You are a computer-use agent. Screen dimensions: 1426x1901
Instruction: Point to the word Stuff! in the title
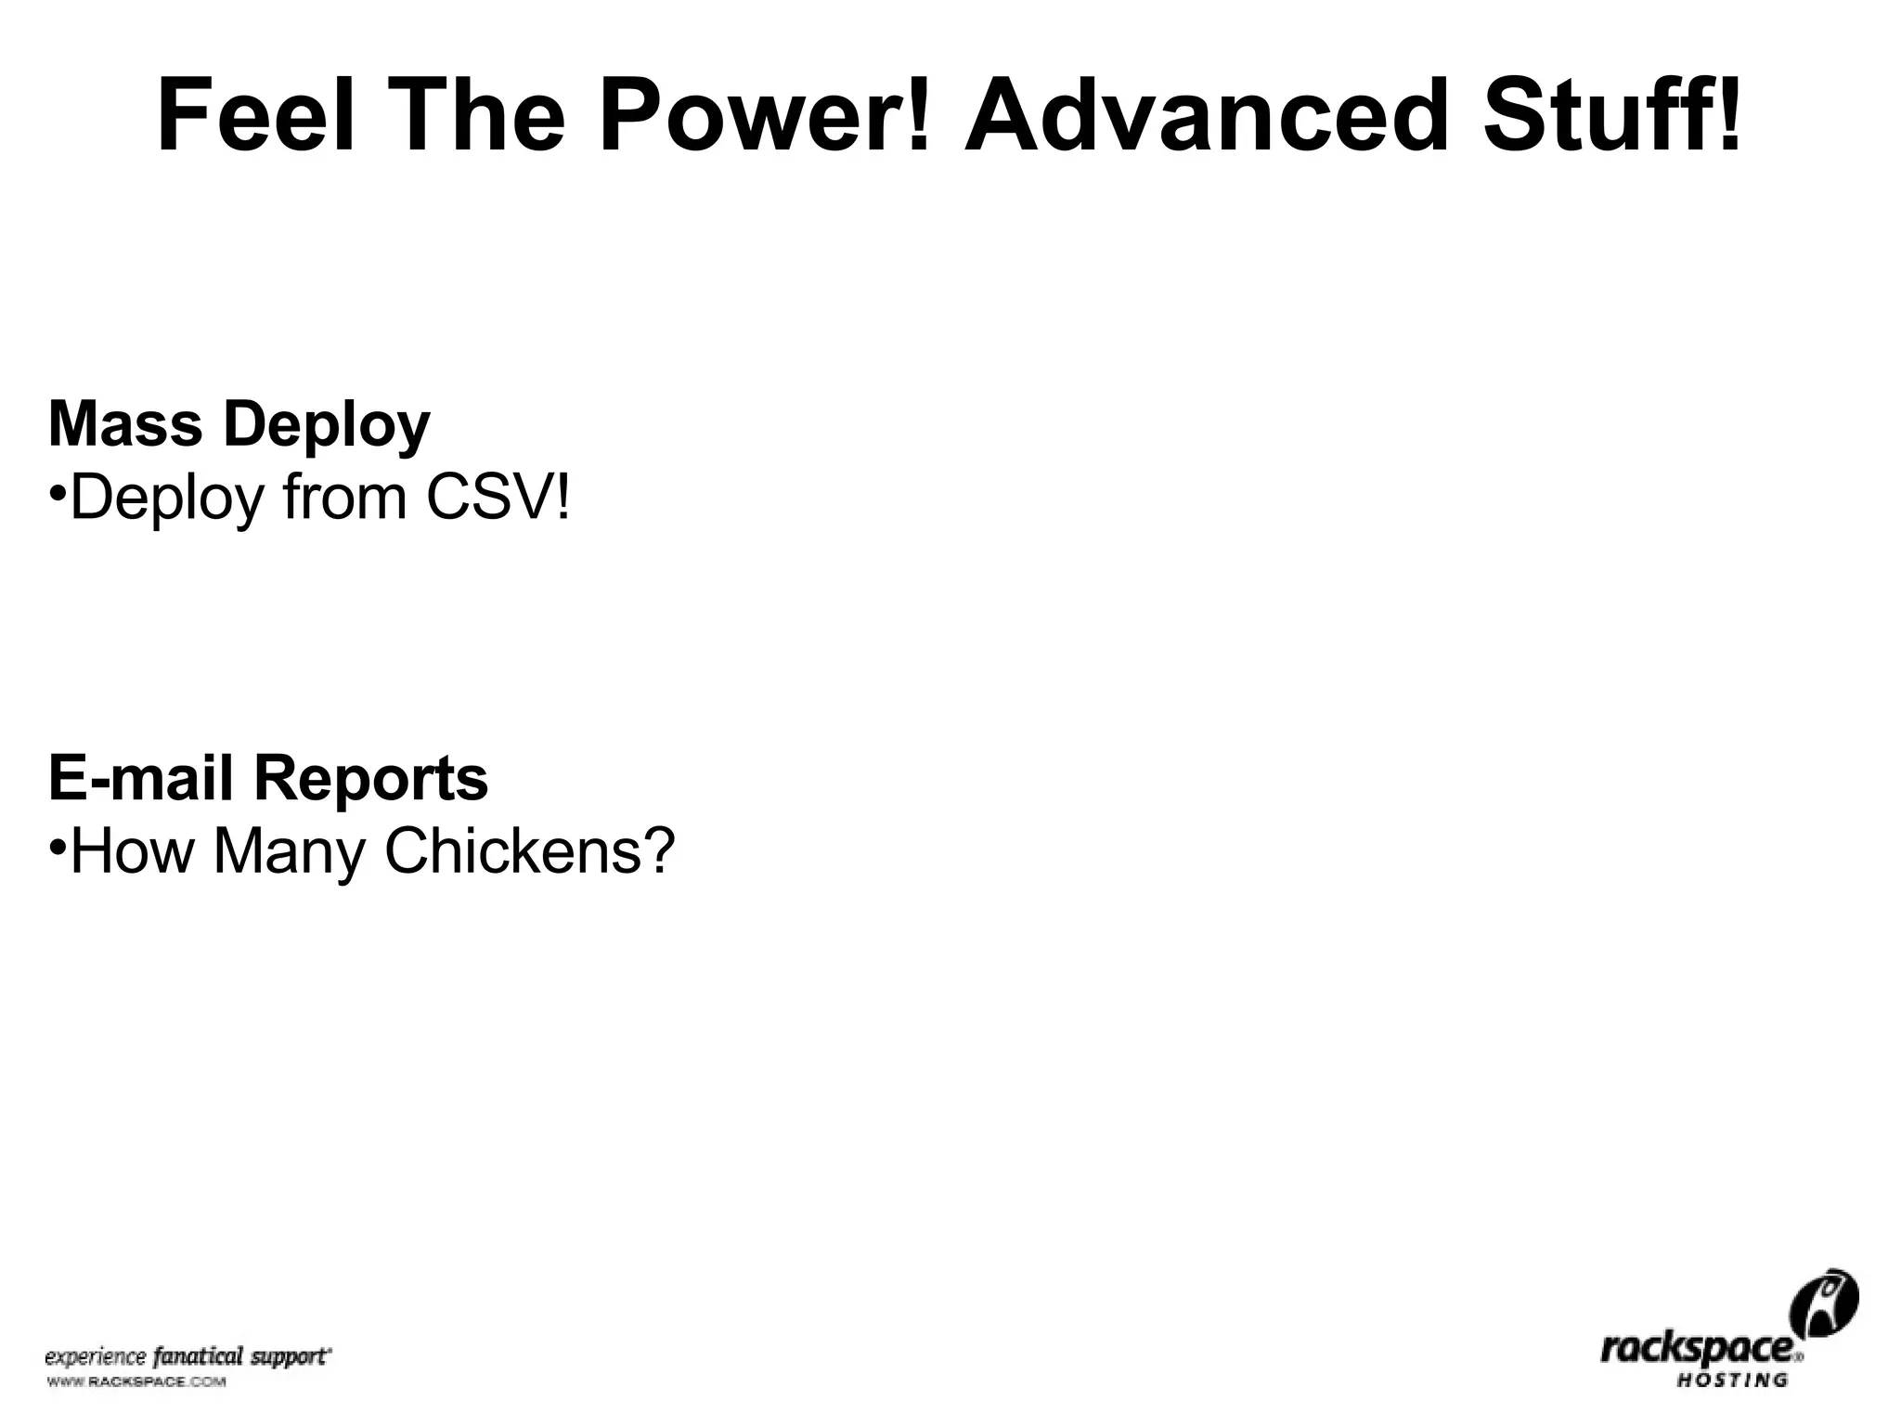coord(1612,117)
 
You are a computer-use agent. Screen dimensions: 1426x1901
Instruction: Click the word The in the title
coord(480,117)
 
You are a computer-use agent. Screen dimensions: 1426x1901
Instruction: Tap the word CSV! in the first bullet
coord(498,499)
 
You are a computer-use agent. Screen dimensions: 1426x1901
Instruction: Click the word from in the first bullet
coord(345,499)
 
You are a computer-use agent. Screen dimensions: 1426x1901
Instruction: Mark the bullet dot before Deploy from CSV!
coord(57,491)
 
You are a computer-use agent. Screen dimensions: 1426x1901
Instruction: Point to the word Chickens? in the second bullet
coord(529,850)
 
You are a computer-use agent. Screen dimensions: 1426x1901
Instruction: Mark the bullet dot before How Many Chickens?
coord(57,844)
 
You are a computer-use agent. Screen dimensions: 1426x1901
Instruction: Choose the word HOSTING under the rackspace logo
coord(1732,1381)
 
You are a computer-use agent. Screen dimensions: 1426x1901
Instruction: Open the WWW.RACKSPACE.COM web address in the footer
coord(136,1382)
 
